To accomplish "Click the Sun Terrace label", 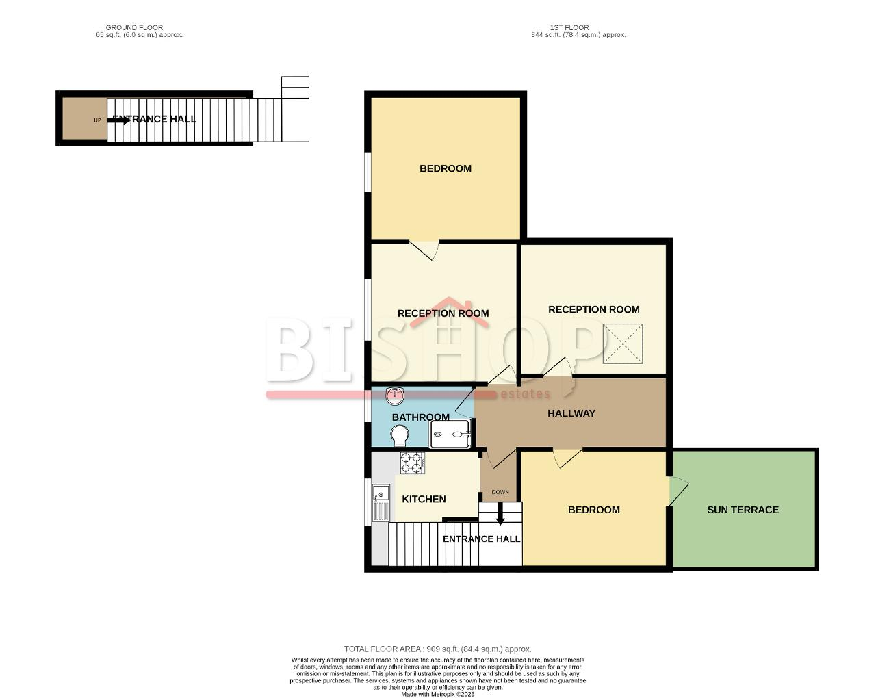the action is click(x=743, y=510).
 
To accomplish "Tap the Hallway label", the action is click(x=571, y=413).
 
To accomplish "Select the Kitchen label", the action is click(x=424, y=500).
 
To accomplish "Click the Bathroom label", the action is click(x=420, y=417).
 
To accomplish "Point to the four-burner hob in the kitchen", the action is click(x=412, y=463).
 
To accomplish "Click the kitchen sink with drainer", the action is click(x=381, y=503).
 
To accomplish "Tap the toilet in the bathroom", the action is click(x=399, y=435).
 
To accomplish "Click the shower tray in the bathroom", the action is click(x=450, y=434).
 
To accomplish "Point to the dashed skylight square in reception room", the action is click(x=623, y=344).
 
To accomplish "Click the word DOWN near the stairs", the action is click(x=500, y=492).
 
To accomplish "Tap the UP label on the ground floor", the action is click(x=97, y=120).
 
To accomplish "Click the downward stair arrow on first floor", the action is click(x=500, y=514).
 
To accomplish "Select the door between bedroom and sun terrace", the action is click(x=679, y=491).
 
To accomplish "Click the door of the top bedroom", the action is click(x=424, y=250).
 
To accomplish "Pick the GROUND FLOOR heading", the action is click(x=134, y=27).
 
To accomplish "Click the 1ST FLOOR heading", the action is click(x=569, y=27).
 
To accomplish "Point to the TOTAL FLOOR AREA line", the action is click(x=437, y=649).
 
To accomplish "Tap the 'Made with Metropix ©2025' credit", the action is click(x=437, y=695).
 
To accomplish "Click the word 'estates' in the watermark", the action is click(x=525, y=393).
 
